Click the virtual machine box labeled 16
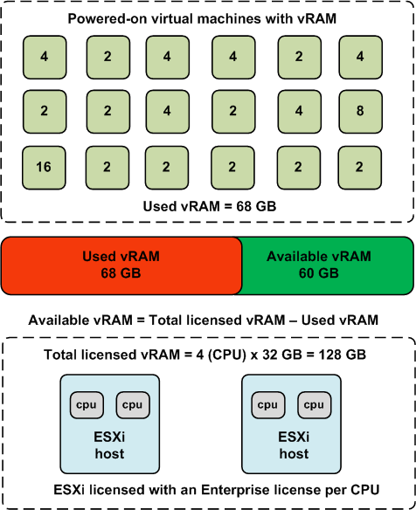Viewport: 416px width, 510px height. click(44, 168)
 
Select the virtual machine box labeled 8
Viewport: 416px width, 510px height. click(360, 112)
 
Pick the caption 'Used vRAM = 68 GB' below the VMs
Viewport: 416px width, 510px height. click(210, 206)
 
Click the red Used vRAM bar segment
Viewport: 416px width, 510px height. click(121, 265)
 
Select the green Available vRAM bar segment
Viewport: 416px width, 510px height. click(328, 265)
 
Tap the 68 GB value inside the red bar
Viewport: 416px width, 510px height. click(121, 273)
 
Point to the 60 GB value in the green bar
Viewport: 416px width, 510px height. click(319, 273)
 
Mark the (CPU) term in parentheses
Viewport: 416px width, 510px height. click(226, 355)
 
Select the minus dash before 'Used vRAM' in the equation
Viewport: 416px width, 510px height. click(293, 320)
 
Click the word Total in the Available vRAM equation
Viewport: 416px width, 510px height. click(165, 320)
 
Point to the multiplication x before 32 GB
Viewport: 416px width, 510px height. click(254, 355)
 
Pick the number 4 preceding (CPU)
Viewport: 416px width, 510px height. click(200, 355)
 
